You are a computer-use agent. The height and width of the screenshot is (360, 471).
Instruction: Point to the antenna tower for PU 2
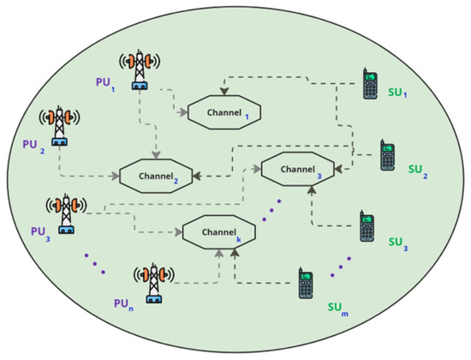(x=59, y=126)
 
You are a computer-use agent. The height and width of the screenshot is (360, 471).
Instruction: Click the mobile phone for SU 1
(x=369, y=84)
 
